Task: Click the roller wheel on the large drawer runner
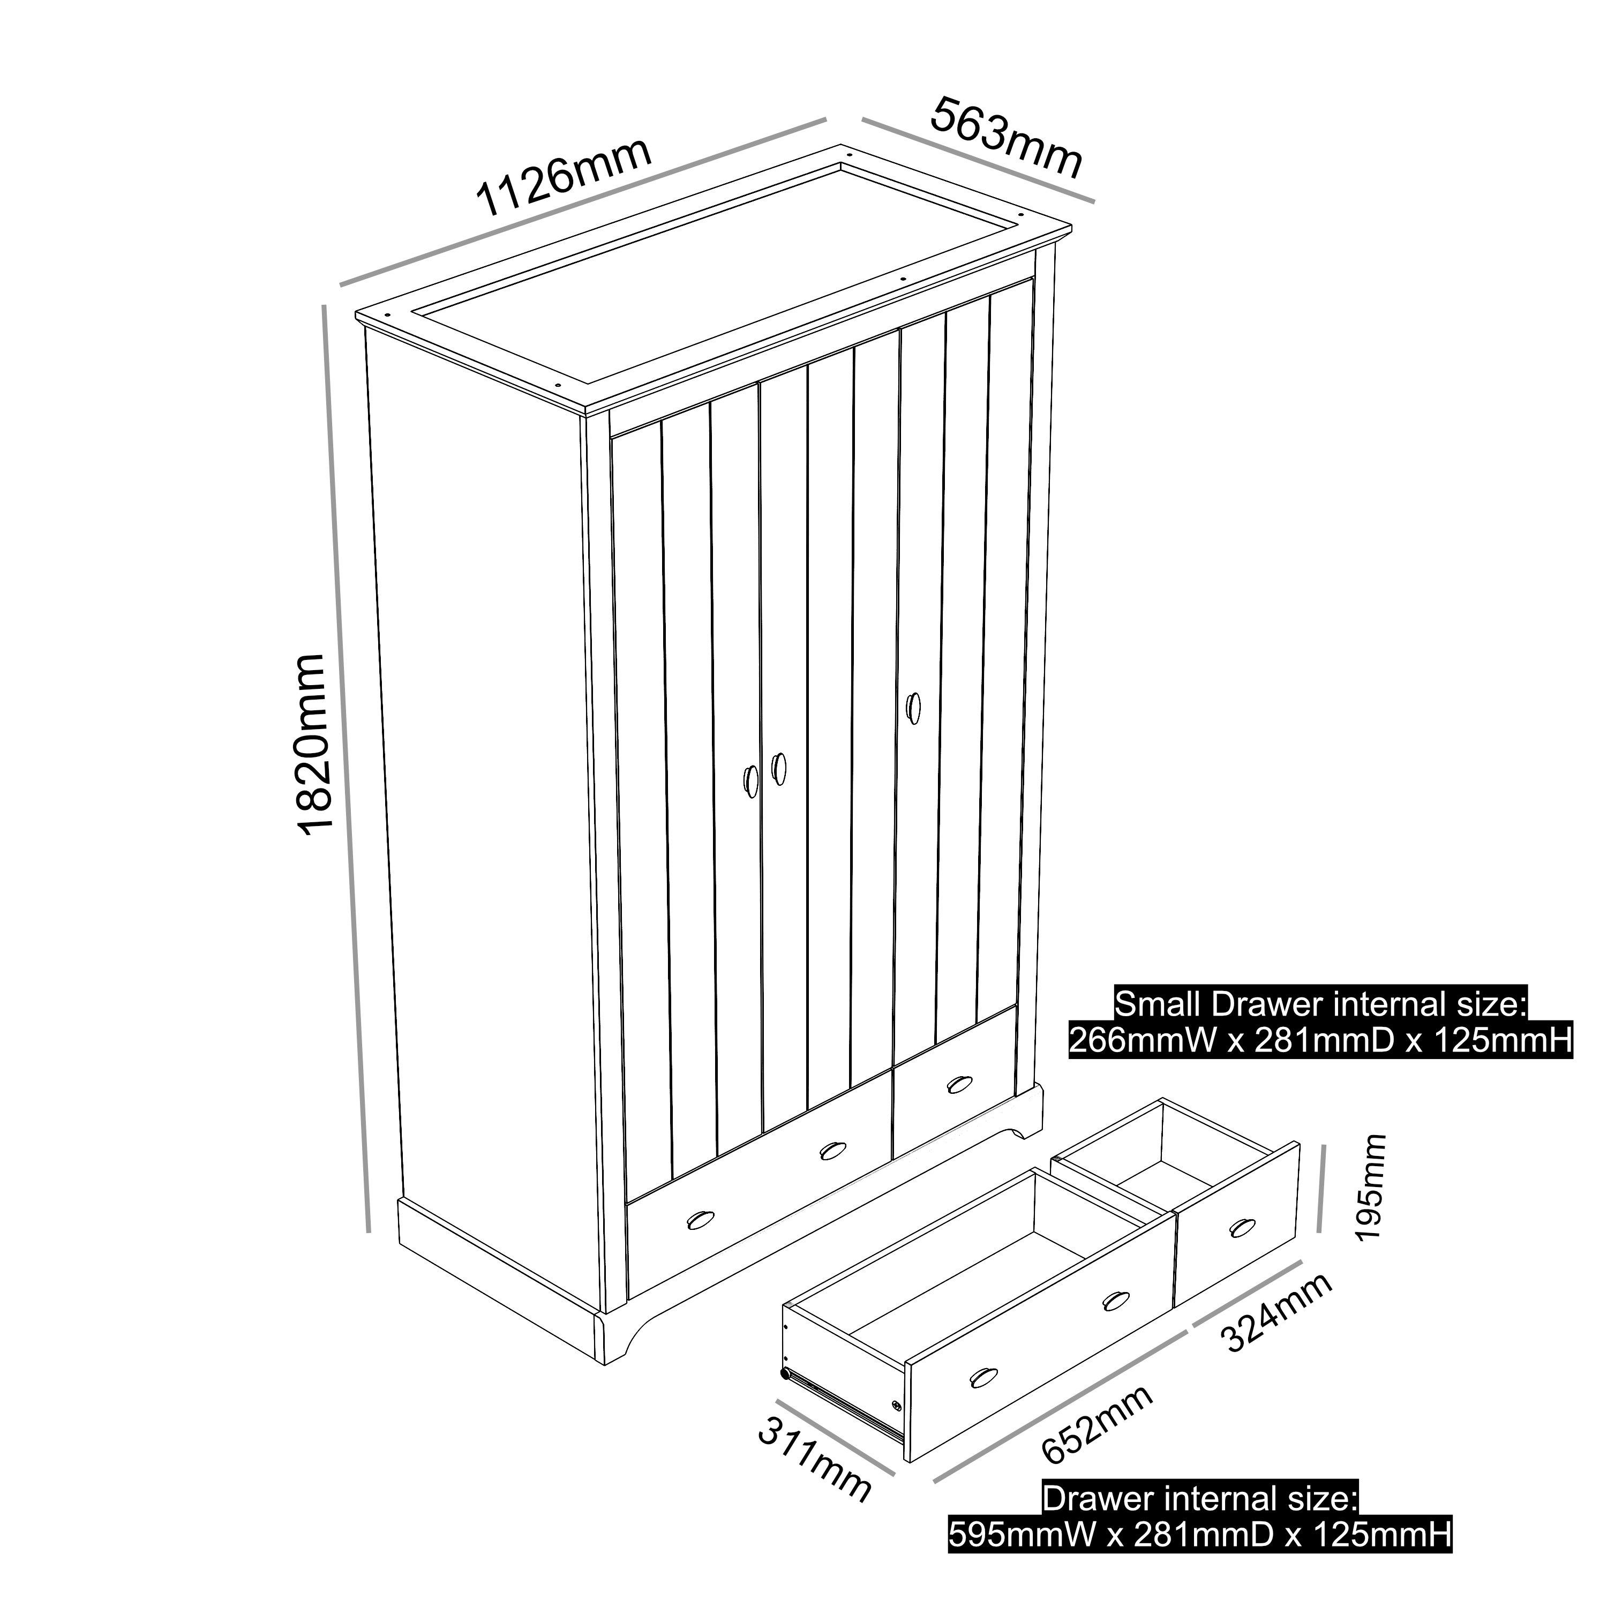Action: click(x=784, y=1374)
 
